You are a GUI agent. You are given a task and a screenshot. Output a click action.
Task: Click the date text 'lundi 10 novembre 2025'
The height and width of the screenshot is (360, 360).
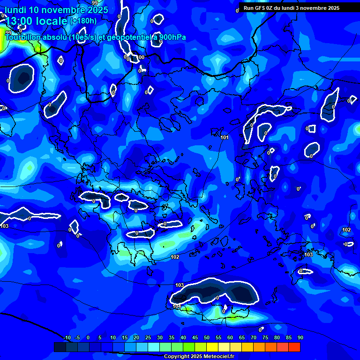(56, 10)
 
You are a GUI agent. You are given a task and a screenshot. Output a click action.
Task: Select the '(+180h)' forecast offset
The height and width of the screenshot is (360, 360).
(83, 21)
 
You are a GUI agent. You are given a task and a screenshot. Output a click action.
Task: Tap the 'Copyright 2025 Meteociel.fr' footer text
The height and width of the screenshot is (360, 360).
(199, 357)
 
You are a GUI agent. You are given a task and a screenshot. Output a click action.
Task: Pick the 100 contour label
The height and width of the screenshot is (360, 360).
(141, 57)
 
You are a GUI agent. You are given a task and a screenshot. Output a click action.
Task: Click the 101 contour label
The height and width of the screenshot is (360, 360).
(225, 137)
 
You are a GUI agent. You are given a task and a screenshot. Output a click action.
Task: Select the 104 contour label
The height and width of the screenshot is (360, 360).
(177, 306)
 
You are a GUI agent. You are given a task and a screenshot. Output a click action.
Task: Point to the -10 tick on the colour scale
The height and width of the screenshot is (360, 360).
(67, 337)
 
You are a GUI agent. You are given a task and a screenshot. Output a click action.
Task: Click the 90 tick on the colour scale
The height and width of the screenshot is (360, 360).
(300, 337)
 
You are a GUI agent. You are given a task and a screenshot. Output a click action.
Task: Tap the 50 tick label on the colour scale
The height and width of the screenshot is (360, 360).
(206, 337)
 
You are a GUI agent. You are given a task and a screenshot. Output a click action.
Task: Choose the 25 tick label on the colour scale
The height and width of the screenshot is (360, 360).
(148, 337)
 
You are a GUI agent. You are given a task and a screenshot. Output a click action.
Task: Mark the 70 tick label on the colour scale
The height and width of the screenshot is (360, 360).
(253, 337)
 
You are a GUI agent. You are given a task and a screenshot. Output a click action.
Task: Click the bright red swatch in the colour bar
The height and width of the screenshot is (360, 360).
(294, 347)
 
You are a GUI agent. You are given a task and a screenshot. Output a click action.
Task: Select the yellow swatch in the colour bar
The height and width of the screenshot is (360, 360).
(212, 347)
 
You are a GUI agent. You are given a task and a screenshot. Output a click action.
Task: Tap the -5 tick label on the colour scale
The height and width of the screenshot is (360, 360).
(77, 337)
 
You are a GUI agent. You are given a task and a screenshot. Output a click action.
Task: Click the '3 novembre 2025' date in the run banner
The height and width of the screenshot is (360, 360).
(316, 8)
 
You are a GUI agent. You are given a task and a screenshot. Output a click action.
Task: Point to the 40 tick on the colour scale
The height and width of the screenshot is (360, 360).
(183, 337)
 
